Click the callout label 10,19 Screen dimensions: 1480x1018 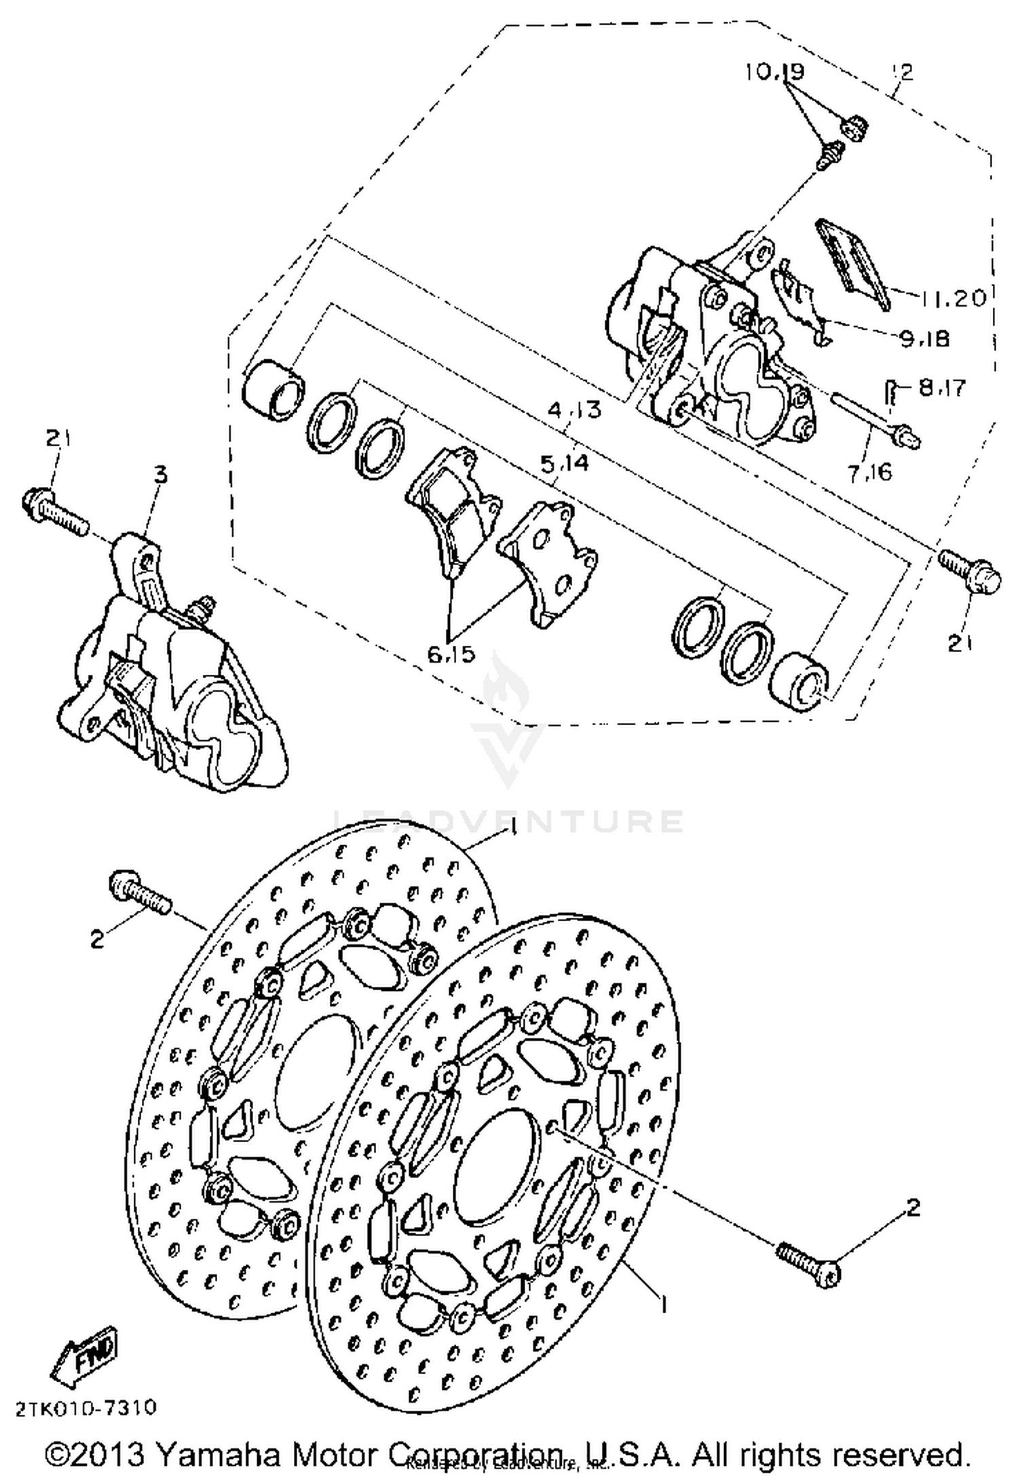point(775,72)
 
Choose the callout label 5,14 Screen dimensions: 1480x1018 point(564,465)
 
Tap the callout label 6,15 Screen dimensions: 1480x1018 point(451,655)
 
